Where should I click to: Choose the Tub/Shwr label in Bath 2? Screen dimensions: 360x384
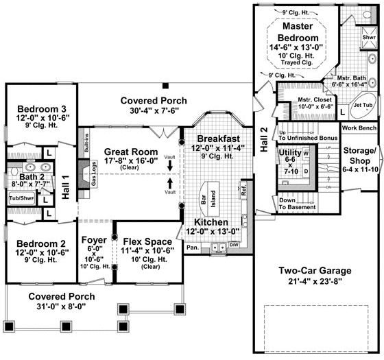[x=20, y=198]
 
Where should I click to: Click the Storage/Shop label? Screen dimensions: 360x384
[x=361, y=155]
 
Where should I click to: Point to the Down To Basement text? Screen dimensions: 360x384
[x=296, y=204]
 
